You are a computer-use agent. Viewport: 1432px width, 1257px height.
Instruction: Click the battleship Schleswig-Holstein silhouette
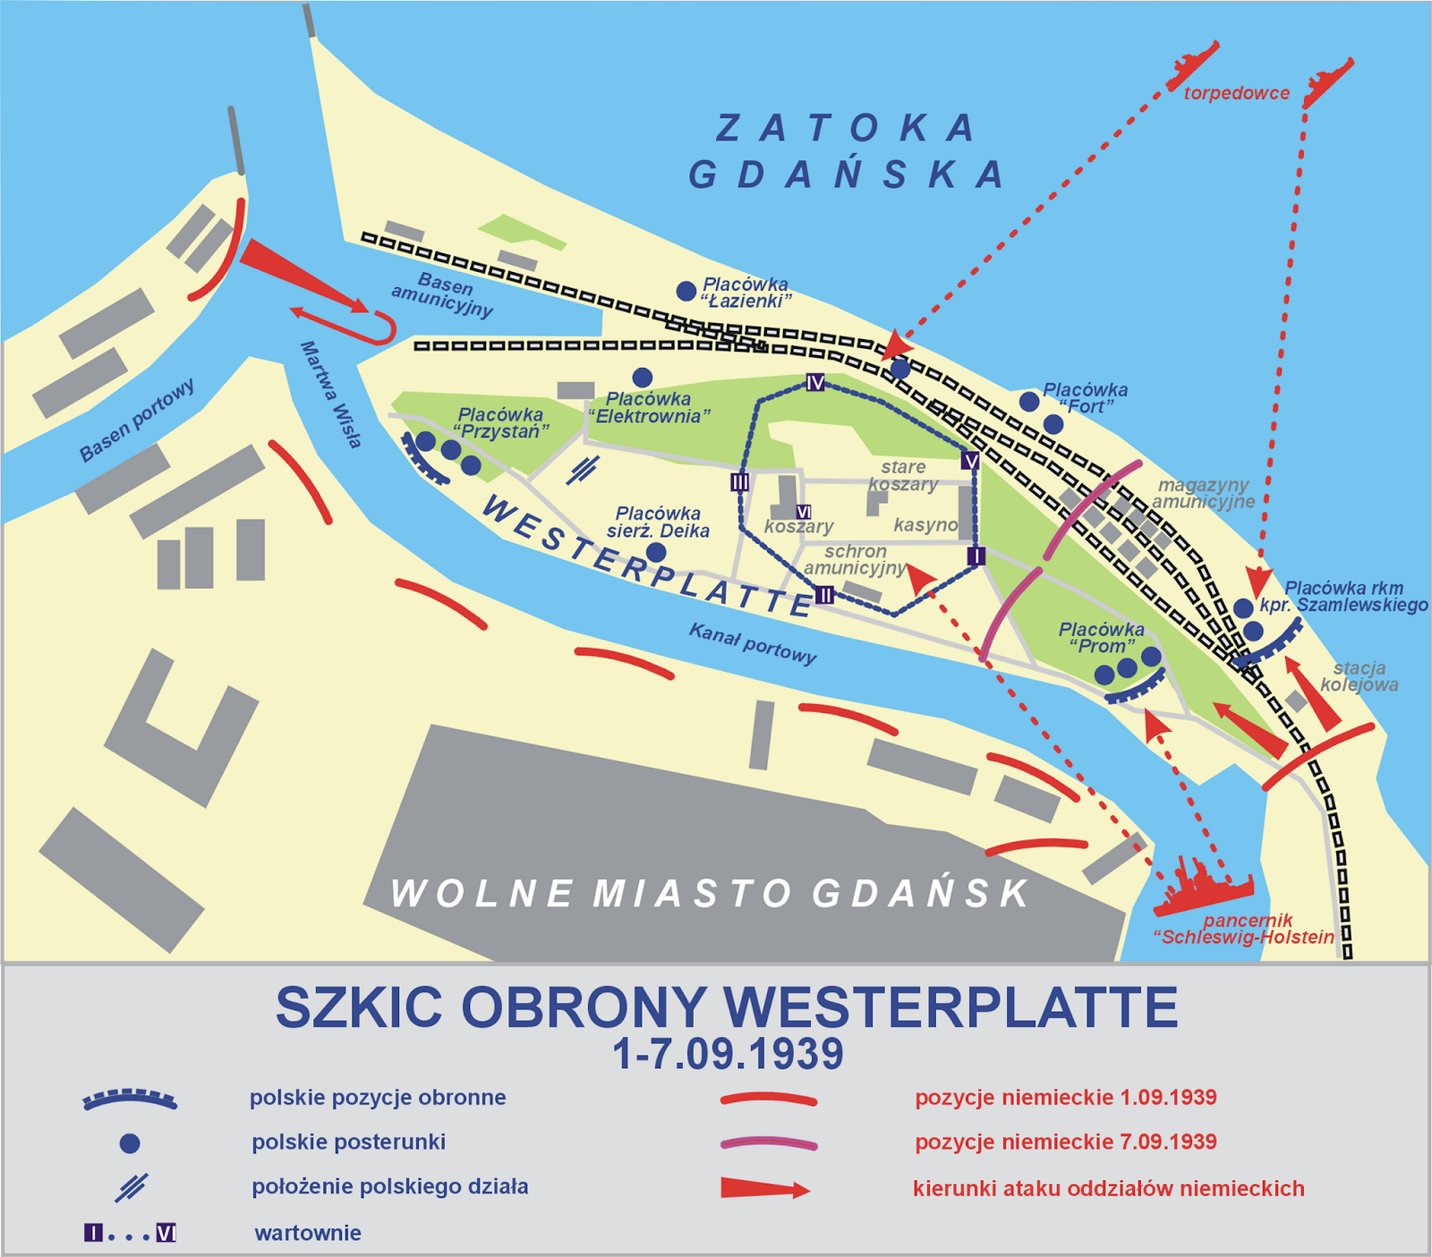[x=1204, y=890]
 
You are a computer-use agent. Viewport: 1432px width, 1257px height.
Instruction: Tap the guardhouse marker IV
[x=814, y=383]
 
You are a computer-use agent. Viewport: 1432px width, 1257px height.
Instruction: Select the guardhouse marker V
[x=970, y=461]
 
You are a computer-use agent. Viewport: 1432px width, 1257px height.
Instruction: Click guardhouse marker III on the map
[x=739, y=482]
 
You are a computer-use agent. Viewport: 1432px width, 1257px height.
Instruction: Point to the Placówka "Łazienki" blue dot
[x=686, y=291]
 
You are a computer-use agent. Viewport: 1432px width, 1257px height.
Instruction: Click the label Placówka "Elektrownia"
[x=649, y=407]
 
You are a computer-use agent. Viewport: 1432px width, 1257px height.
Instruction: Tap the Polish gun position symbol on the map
[x=583, y=468]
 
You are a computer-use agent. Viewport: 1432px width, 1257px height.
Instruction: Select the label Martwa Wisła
[x=331, y=394]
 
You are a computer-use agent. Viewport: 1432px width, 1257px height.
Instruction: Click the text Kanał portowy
[x=752, y=643]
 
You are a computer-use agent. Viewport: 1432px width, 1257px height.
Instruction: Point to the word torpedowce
[x=1236, y=93]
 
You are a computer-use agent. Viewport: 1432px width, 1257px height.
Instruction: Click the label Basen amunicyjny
[x=443, y=296]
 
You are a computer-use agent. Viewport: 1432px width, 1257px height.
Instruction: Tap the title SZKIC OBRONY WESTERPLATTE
[x=726, y=1007]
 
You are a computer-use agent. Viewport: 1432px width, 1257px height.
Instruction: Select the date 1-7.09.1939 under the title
[x=728, y=1054]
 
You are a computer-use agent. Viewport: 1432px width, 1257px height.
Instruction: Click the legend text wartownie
[x=308, y=1233]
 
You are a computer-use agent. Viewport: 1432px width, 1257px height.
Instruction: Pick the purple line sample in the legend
[x=768, y=1142]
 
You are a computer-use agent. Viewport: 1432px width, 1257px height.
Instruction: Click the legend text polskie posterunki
[x=348, y=1142]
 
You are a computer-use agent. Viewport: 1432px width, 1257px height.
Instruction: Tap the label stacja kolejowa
[x=1359, y=676]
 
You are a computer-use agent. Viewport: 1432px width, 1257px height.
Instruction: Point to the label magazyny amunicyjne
[x=1202, y=493]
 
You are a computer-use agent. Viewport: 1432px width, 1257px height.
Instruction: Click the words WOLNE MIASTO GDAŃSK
[x=709, y=893]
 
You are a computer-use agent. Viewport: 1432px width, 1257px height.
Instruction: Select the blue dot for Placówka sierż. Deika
[x=656, y=552]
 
